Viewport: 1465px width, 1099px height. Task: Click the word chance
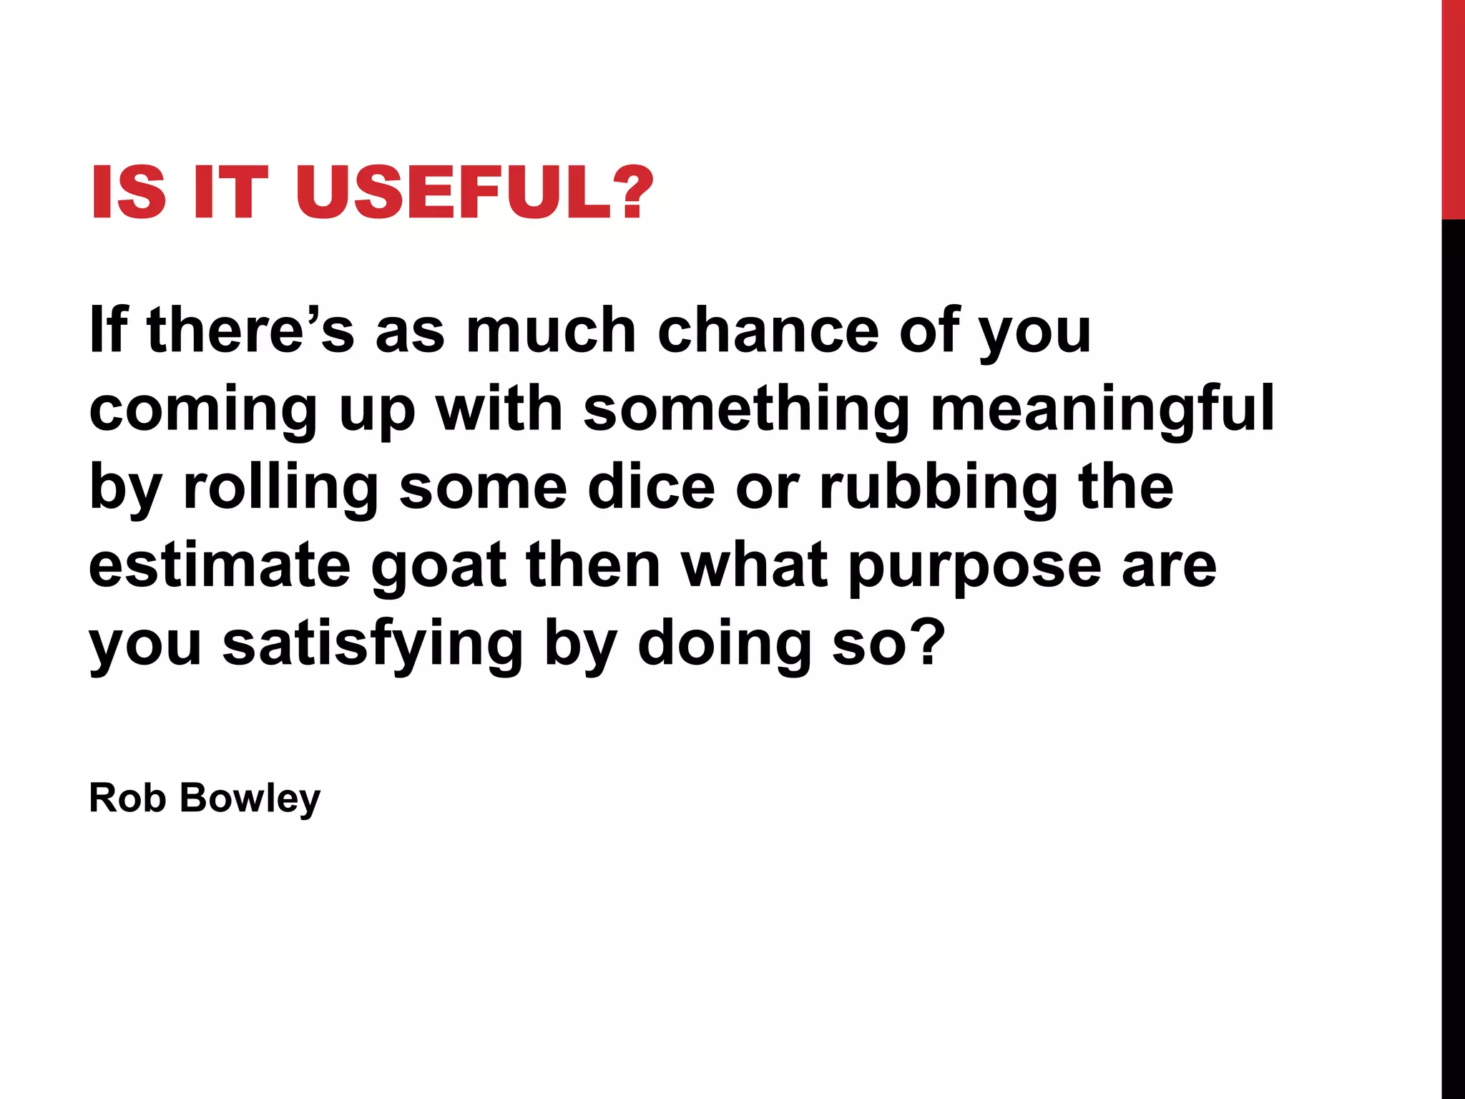pyautogui.click(x=768, y=331)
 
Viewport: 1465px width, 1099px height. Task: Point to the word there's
pyautogui.click(x=250, y=331)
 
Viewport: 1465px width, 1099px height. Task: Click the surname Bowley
pyautogui.click(x=250, y=798)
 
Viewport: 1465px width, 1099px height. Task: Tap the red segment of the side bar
pyautogui.click(x=1453, y=107)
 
